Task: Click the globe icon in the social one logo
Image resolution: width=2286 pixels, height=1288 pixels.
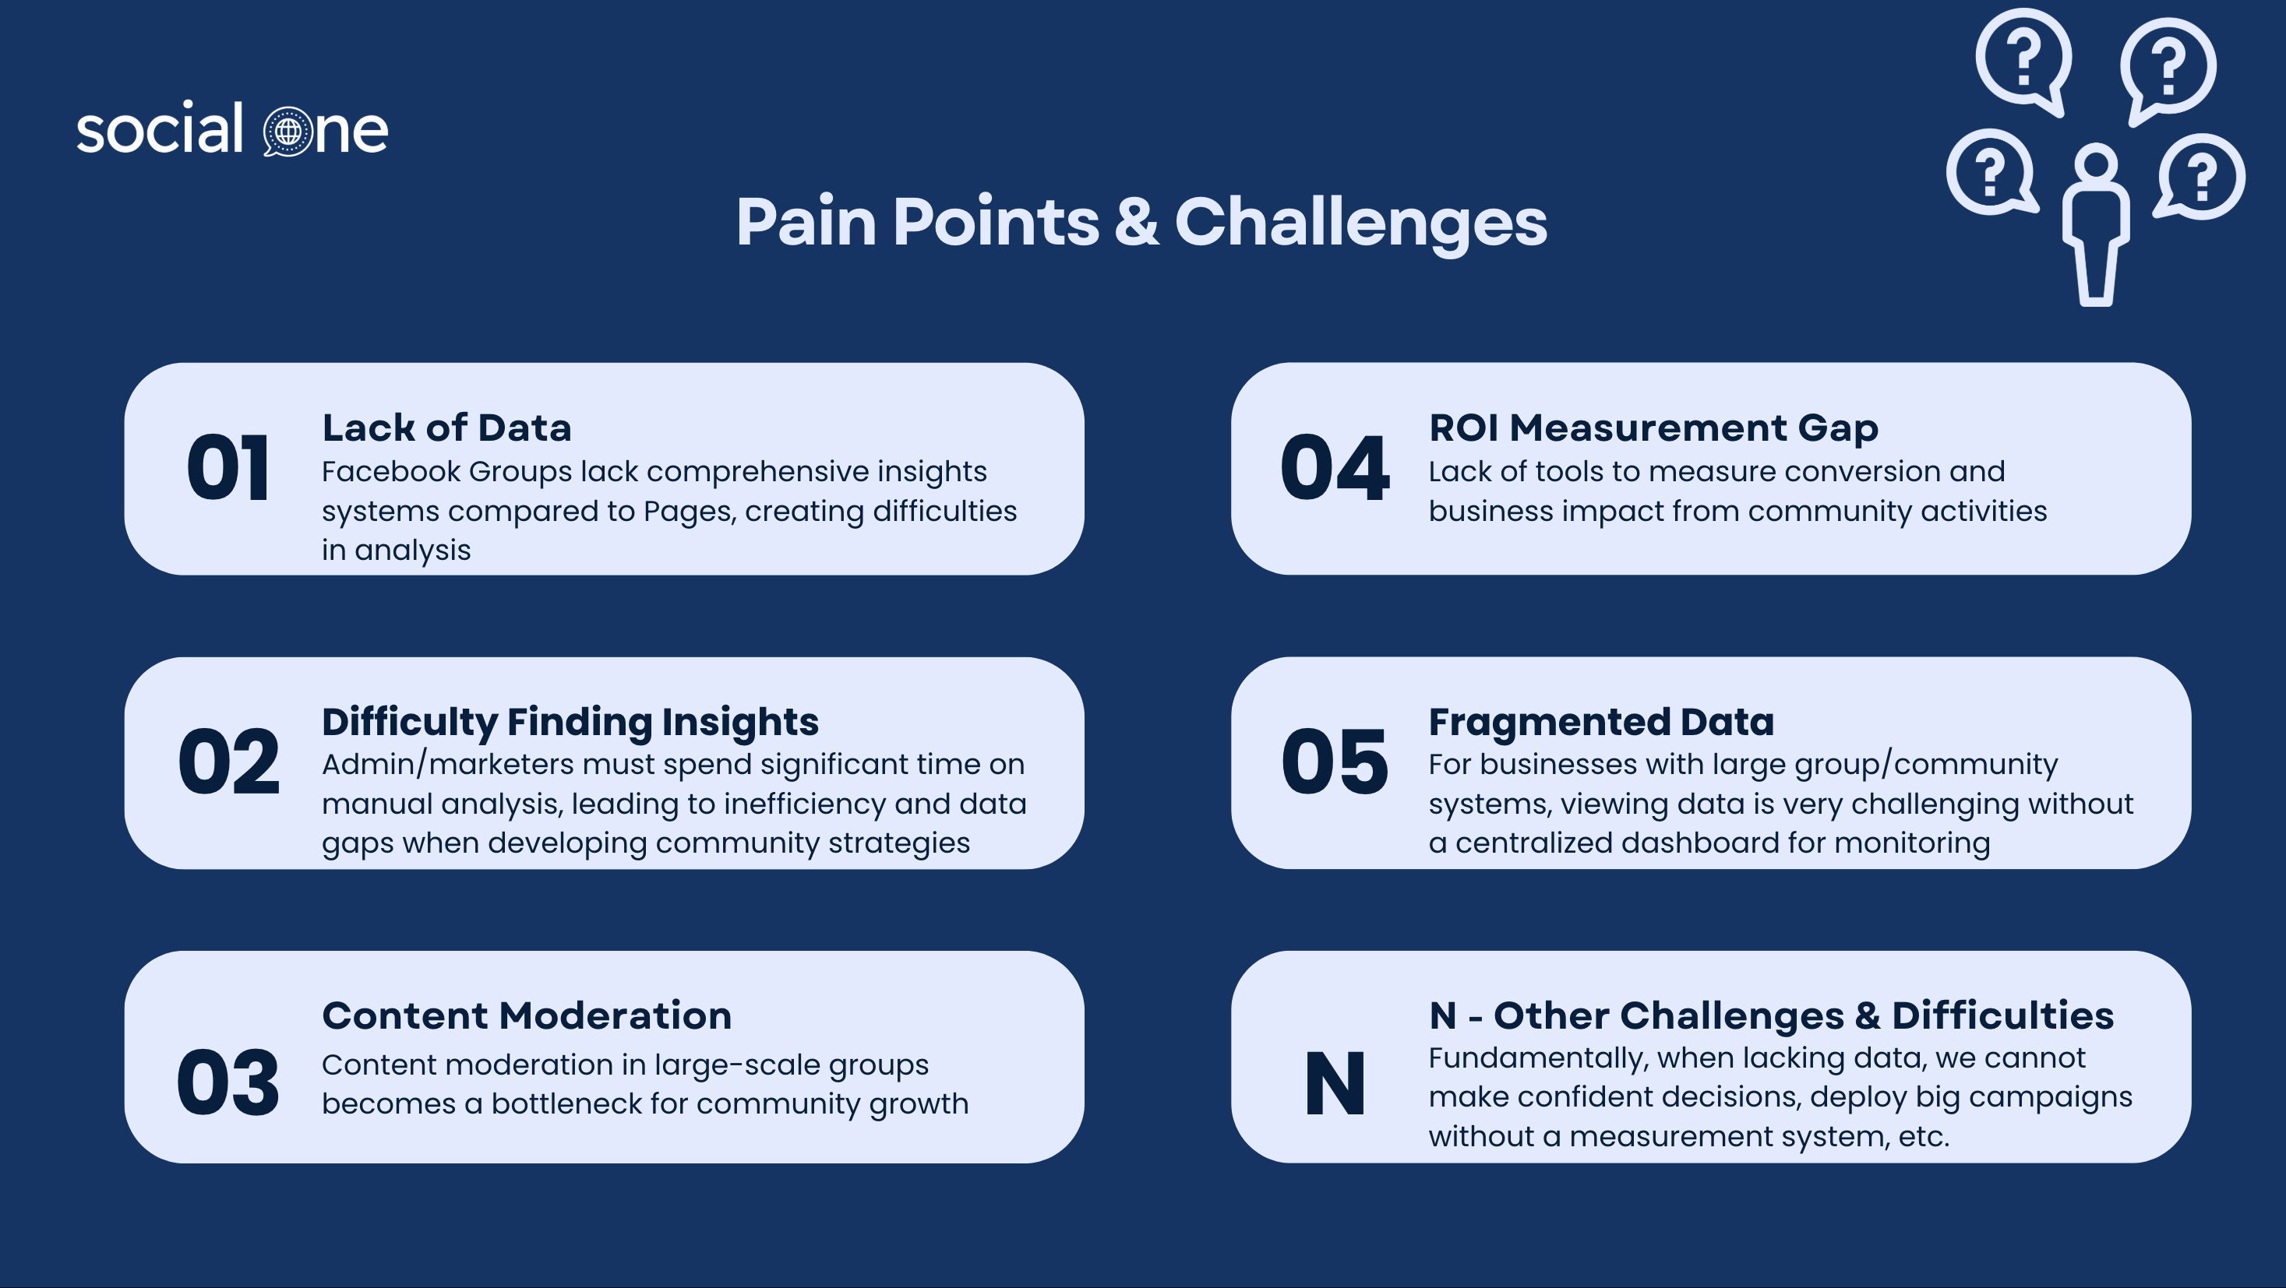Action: pos(288,132)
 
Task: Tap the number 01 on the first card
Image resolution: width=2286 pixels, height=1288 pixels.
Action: pos(228,467)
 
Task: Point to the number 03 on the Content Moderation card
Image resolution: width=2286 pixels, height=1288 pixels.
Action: pos(228,1082)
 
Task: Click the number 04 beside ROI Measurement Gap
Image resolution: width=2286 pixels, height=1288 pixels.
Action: pos(1335,467)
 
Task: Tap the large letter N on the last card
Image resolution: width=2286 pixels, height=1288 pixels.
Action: pos(1335,1082)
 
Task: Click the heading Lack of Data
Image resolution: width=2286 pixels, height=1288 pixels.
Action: pos(446,428)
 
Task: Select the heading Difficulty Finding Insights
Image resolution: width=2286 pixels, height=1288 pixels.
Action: pos(570,722)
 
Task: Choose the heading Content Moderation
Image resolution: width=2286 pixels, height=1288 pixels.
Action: pos(526,1015)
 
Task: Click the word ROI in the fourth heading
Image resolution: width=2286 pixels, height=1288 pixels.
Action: pos(1463,428)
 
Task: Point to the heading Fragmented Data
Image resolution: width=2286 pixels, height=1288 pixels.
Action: pos(1601,722)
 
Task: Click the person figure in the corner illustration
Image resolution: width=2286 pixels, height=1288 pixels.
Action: pos(2096,225)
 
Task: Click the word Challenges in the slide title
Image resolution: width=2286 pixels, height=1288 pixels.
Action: pos(1360,223)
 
